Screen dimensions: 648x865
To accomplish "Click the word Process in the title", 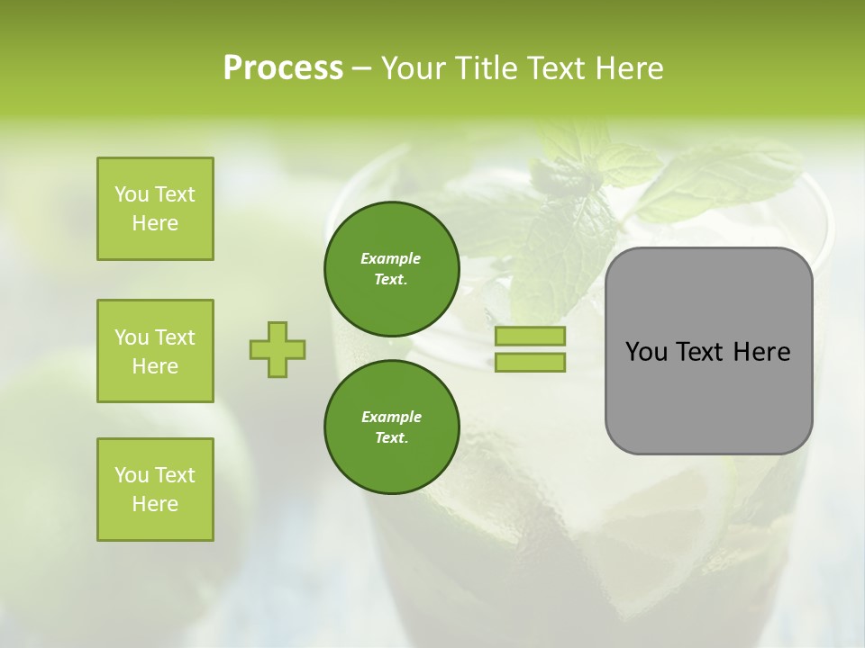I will click(283, 68).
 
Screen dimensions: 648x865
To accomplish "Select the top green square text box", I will click(155, 209).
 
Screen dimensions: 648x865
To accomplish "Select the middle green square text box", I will click(155, 351).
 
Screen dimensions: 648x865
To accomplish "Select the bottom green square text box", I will click(155, 490).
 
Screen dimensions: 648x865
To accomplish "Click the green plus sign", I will click(278, 349).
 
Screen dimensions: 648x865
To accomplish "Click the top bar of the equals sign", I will click(530, 337).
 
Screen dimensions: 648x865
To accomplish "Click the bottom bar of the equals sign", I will click(530, 363).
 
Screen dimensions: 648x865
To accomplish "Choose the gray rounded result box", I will click(708, 396).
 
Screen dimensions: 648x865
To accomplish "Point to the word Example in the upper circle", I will click(391, 258).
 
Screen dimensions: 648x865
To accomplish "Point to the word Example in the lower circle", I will click(391, 417).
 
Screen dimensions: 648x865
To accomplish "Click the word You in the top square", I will click(132, 194).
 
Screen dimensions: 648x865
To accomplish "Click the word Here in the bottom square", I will click(155, 504).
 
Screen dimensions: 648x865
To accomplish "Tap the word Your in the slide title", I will click(414, 68).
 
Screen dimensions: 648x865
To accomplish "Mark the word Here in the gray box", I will click(762, 352).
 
